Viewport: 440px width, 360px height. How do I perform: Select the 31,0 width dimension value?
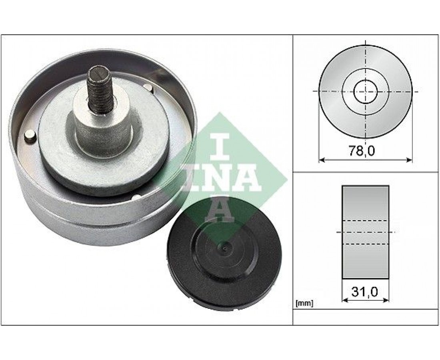pos(365,292)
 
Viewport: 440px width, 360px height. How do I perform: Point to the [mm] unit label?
pos(304,303)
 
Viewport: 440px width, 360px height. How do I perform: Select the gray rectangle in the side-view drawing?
pos(365,232)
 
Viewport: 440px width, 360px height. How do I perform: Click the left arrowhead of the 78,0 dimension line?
pos(322,160)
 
